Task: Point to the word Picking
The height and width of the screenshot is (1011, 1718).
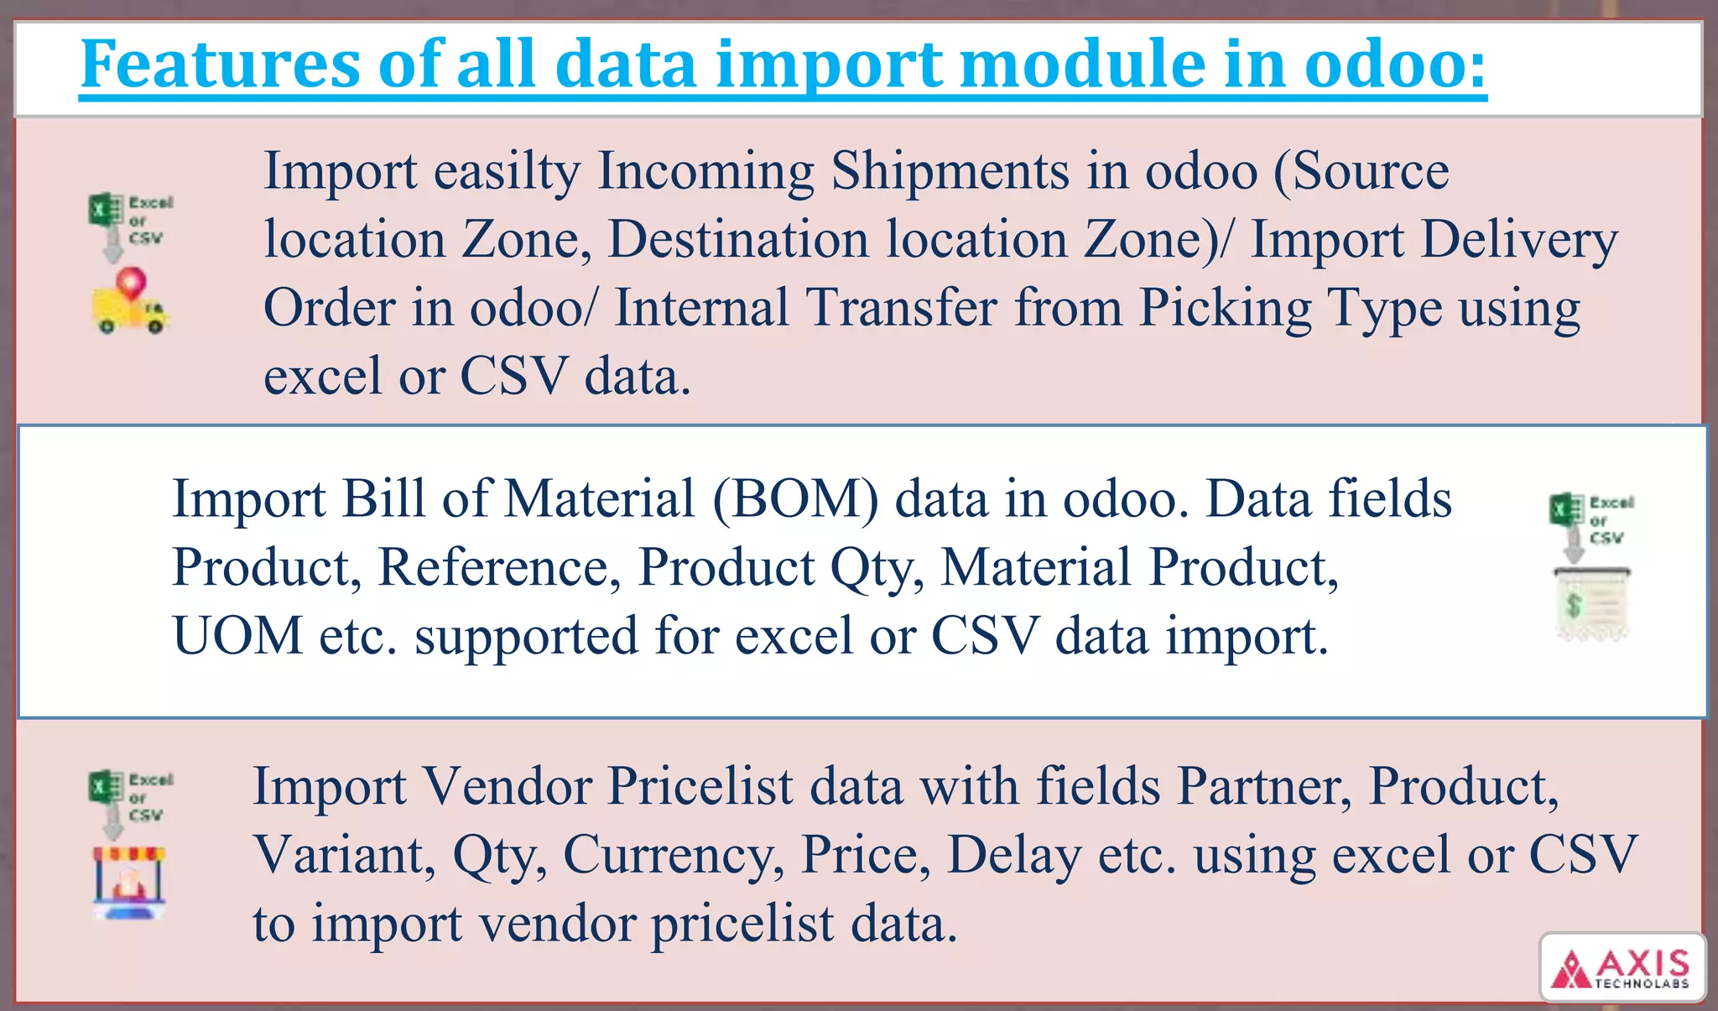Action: point(1225,308)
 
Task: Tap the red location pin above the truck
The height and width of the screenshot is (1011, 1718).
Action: point(131,282)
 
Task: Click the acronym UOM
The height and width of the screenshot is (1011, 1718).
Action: point(237,635)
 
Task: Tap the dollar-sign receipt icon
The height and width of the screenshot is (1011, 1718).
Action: point(1590,606)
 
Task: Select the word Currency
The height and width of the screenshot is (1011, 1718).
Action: point(674,855)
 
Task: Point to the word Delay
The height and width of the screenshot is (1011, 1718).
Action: point(1014,855)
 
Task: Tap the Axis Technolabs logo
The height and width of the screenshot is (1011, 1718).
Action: point(1622,967)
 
